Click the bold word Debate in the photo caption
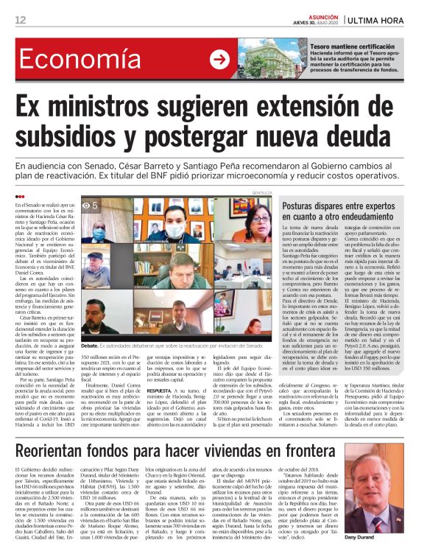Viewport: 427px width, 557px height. point(91,344)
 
